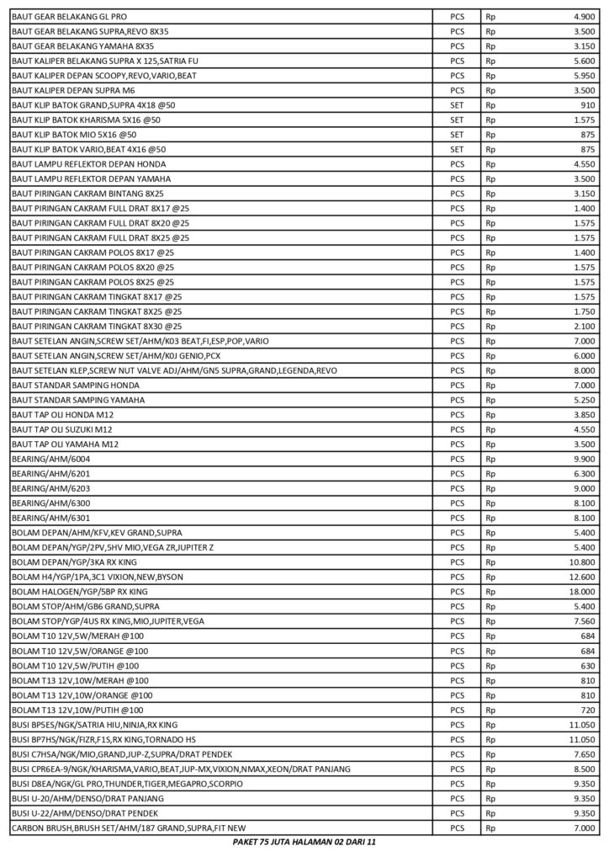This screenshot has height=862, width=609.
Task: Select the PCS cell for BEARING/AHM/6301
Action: tap(458, 518)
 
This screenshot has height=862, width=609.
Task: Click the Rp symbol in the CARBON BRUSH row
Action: tap(490, 828)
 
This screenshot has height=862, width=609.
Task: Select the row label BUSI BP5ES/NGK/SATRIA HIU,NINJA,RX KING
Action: tap(93, 725)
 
